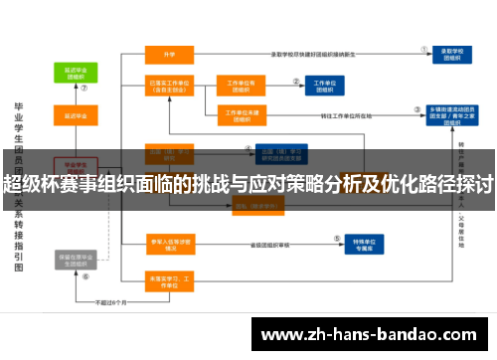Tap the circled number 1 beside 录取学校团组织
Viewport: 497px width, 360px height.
pos(424,47)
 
